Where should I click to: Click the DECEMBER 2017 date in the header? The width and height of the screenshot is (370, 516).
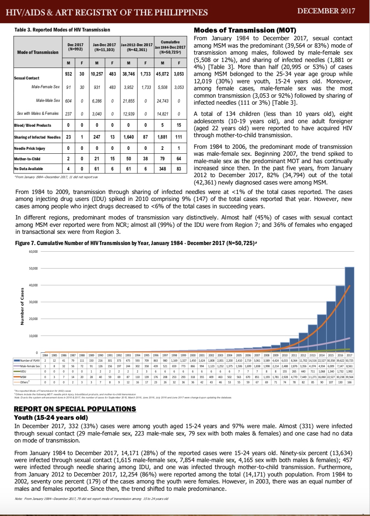point(326,11)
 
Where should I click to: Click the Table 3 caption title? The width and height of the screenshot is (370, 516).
point(62,30)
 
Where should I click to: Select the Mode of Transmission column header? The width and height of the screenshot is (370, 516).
point(38,52)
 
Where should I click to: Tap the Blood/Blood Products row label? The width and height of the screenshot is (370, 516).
point(33,125)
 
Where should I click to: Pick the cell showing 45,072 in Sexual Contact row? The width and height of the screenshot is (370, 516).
point(162,74)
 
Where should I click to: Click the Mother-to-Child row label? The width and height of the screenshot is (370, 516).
point(27,159)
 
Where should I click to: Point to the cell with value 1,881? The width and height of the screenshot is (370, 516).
point(162,137)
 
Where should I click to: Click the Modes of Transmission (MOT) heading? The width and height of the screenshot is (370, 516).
point(245,30)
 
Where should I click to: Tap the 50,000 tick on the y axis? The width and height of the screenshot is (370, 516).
point(33,269)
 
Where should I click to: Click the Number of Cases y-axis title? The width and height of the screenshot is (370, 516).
point(22,306)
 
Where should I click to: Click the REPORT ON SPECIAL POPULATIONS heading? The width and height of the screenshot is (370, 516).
point(75,409)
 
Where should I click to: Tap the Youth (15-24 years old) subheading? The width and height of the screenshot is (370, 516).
point(51,417)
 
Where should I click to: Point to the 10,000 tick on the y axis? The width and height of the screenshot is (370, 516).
point(33,336)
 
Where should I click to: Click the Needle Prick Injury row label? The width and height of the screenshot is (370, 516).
point(29,148)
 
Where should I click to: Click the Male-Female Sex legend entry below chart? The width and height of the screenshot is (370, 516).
point(27,366)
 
